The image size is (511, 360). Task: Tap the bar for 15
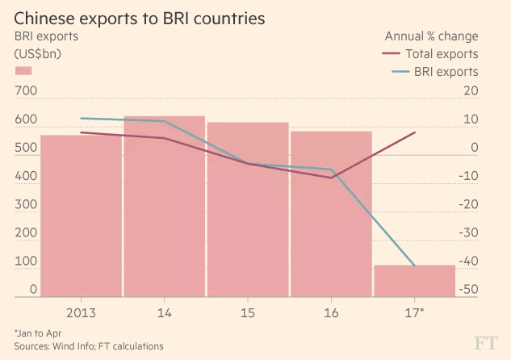[x=247, y=210]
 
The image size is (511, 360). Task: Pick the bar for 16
[x=330, y=214]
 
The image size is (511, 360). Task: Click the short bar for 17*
[x=413, y=280]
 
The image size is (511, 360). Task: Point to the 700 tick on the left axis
[x=27, y=92]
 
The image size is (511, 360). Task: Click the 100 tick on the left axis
[x=27, y=262]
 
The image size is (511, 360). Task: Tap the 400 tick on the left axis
[x=27, y=177]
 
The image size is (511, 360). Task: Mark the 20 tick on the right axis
[x=471, y=92]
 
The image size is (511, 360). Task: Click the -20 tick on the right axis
[x=470, y=205]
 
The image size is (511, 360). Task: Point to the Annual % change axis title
[x=431, y=36]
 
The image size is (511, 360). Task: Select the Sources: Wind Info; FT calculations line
[x=89, y=345]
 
